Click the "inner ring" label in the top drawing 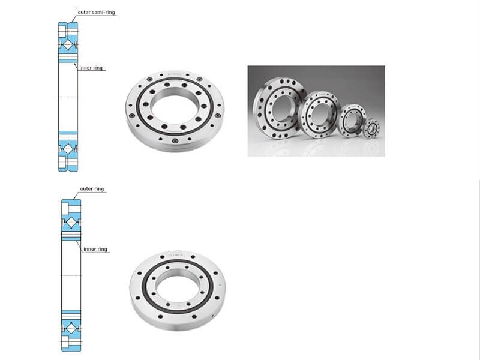pos(92,68)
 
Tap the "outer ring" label pos(92,189)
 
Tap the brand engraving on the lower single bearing pos(176,256)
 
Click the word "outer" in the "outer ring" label pos(86,189)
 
